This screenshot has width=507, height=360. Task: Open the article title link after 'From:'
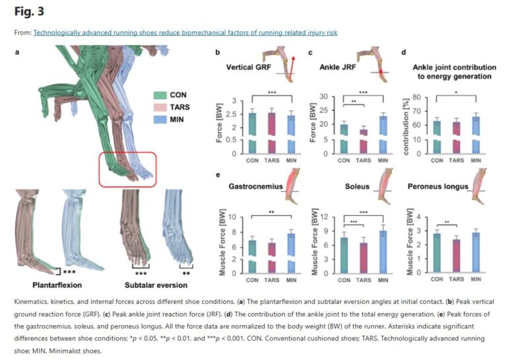coord(186,32)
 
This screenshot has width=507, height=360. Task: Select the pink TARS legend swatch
coord(159,107)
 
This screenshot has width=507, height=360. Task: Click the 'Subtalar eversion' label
coord(156,285)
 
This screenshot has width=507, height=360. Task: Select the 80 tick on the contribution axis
coord(419,97)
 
